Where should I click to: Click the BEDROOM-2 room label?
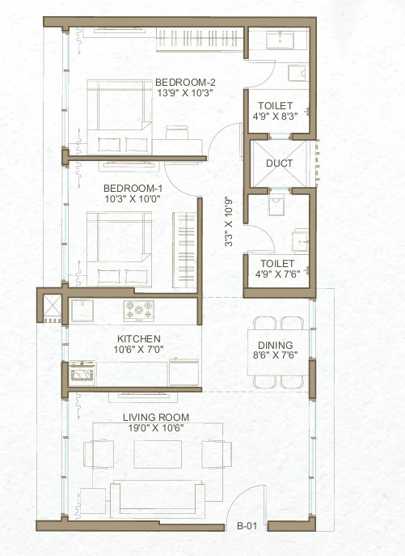tap(185, 83)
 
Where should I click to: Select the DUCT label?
tap(280, 163)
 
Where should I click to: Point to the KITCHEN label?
tap(139, 338)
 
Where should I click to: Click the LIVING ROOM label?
tap(156, 418)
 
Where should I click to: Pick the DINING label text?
tap(276, 345)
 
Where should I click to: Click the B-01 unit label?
tap(247, 526)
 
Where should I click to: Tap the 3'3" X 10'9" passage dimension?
tap(229, 223)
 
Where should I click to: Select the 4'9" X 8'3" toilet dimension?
tap(275, 116)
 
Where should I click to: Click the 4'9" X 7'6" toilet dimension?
tap(277, 274)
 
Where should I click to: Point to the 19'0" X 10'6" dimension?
tap(156, 428)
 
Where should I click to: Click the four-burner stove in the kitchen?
tap(138, 311)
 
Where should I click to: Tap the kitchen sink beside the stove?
tap(82, 311)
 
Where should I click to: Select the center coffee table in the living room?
tap(158, 454)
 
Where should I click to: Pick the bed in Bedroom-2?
tap(120, 117)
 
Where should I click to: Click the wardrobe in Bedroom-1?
tap(184, 250)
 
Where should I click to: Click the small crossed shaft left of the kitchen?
tap(52, 305)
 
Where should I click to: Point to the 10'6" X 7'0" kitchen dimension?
tap(138, 350)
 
